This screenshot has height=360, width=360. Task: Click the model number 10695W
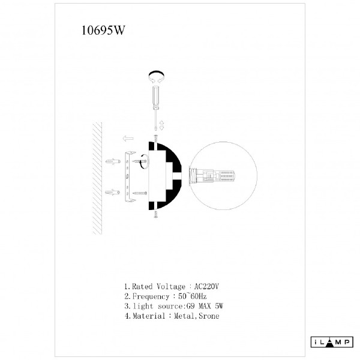(103, 30)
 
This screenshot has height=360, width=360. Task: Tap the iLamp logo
(332, 343)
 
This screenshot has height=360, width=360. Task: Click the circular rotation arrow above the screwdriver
(157, 76)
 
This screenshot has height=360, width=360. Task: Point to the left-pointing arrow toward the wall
(128, 139)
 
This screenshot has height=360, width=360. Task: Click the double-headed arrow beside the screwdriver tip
(161, 125)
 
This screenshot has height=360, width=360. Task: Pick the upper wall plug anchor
(113, 161)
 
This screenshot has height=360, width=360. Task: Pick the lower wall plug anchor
(113, 192)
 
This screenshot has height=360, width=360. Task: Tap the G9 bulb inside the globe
(212, 176)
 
